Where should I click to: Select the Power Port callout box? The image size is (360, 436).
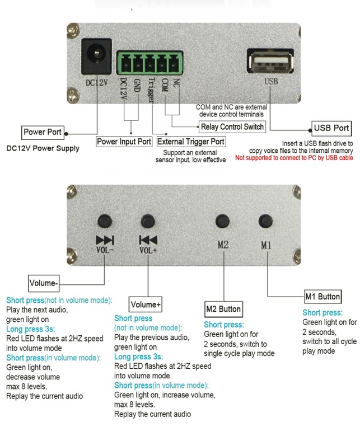pyautogui.click(x=42, y=133)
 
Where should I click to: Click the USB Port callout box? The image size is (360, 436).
pyautogui.click(x=331, y=128)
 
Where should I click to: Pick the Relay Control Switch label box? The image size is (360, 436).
pyautogui.click(x=232, y=126)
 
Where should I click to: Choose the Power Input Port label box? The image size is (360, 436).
pyautogui.click(x=124, y=142)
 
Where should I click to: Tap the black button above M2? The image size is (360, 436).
pyautogui.click(x=223, y=221)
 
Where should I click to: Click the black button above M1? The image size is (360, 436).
pyautogui.click(x=265, y=221)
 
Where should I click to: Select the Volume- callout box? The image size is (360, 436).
pyautogui.click(x=44, y=283)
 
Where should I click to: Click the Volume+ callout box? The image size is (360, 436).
pyautogui.click(x=146, y=304)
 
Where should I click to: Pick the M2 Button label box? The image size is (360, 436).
pyautogui.click(x=223, y=309)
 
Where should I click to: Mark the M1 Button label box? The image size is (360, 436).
pyautogui.click(x=322, y=296)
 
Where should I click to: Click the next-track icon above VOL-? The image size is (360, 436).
pyautogui.click(x=105, y=240)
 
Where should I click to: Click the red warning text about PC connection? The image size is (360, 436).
pyautogui.click(x=294, y=158)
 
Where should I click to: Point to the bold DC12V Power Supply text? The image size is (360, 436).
pyautogui.click(x=43, y=148)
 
